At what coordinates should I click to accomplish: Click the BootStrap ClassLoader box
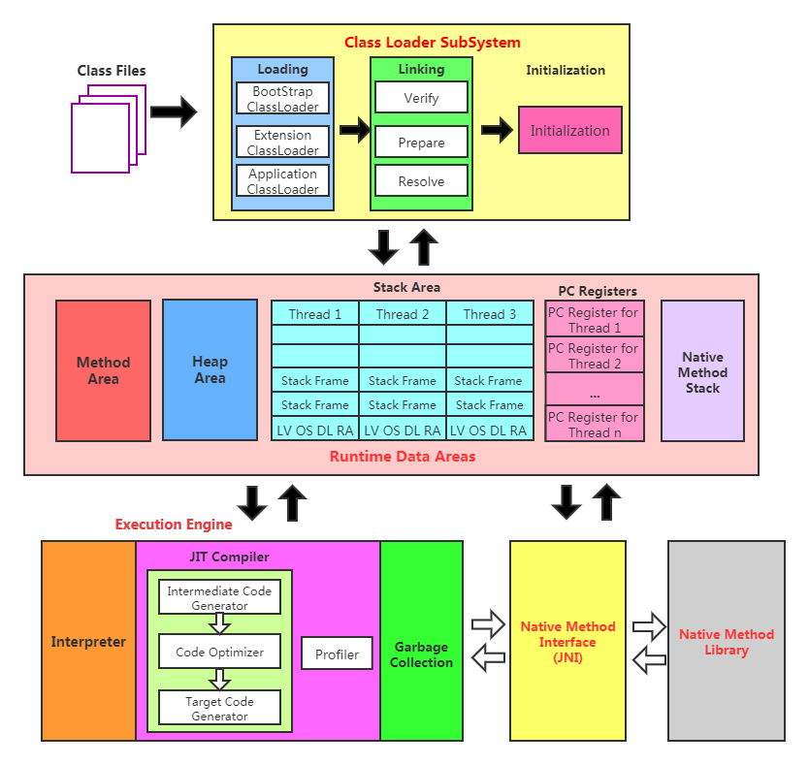(x=282, y=98)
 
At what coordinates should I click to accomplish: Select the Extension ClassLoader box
(x=282, y=143)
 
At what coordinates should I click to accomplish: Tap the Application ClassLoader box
(x=282, y=181)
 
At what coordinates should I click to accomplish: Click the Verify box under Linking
(x=421, y=98)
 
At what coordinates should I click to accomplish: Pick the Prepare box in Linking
(x=421, y=143)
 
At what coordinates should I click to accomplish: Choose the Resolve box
(x=421, y=181)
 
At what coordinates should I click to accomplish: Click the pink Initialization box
(x=569, y=131)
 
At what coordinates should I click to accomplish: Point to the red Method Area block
(x=103, y=370)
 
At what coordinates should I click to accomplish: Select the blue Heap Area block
(x=210, y=369)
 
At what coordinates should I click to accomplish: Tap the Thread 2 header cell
(x=403, y=314)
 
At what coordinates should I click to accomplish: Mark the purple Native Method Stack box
(x=702, y=371)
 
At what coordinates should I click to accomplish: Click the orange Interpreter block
(x=88, y=642)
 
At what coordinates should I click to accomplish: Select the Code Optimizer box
(x=219, y=653)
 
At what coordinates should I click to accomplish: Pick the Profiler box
(x=337, y=654)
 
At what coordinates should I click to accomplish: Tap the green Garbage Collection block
(x=421, y=654)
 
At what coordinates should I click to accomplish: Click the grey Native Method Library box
(x=726, y=642)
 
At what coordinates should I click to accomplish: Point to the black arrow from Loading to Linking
(x=355, y=131)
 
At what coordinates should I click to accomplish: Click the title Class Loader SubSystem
(x=432, y=43)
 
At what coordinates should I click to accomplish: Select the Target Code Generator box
(x=219, y=709)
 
